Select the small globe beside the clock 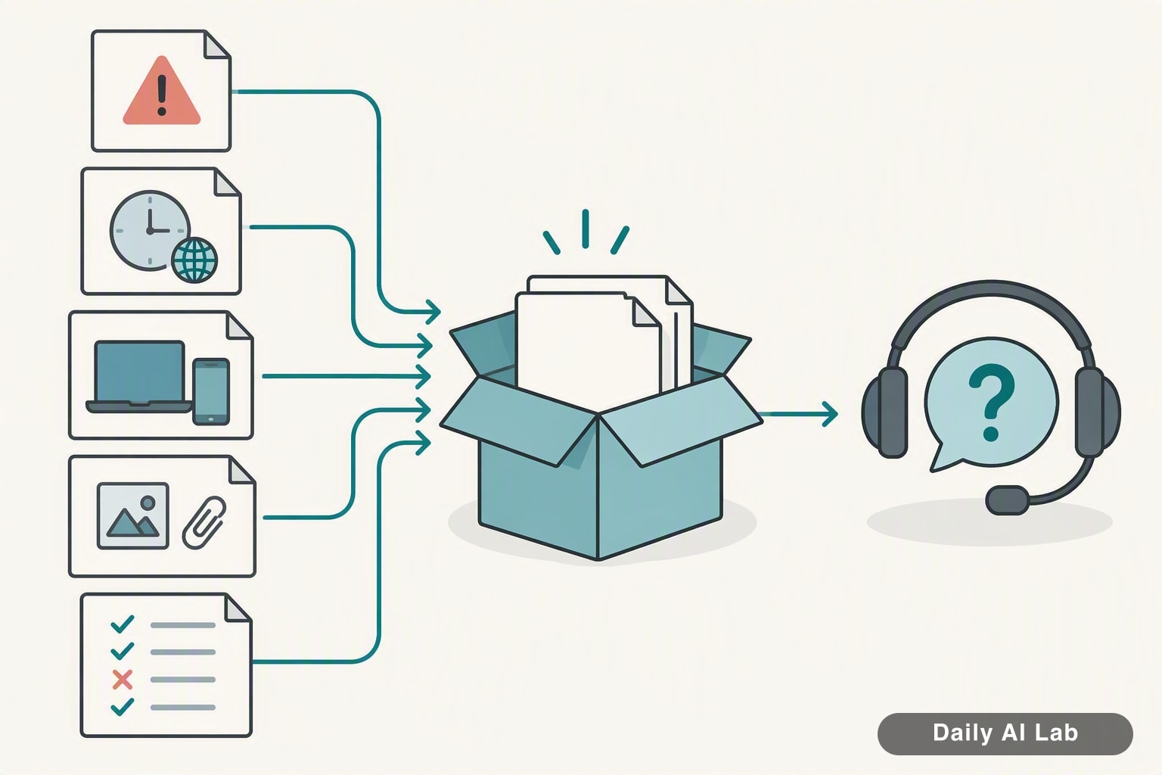tap(194, 260)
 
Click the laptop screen tap(139, 371)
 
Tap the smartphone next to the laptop tap(211, 391)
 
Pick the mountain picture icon tap(133, 515)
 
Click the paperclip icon tap(204, 522)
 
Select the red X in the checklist tap(123, 680)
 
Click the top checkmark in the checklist tap(123, 624)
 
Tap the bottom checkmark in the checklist tap(123, 706)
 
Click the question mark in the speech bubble tap(991, 403)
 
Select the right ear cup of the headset tap(1097, 412)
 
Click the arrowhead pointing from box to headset tap(830, 414)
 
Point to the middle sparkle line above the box tap(585, 229)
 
